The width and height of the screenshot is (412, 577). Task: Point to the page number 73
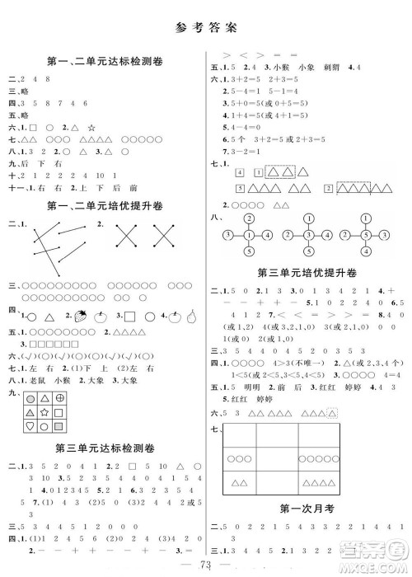click(206, 564)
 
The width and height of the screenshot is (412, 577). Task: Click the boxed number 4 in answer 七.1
click(238, 172)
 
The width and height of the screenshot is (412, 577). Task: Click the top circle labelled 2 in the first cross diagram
click(247, 218)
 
